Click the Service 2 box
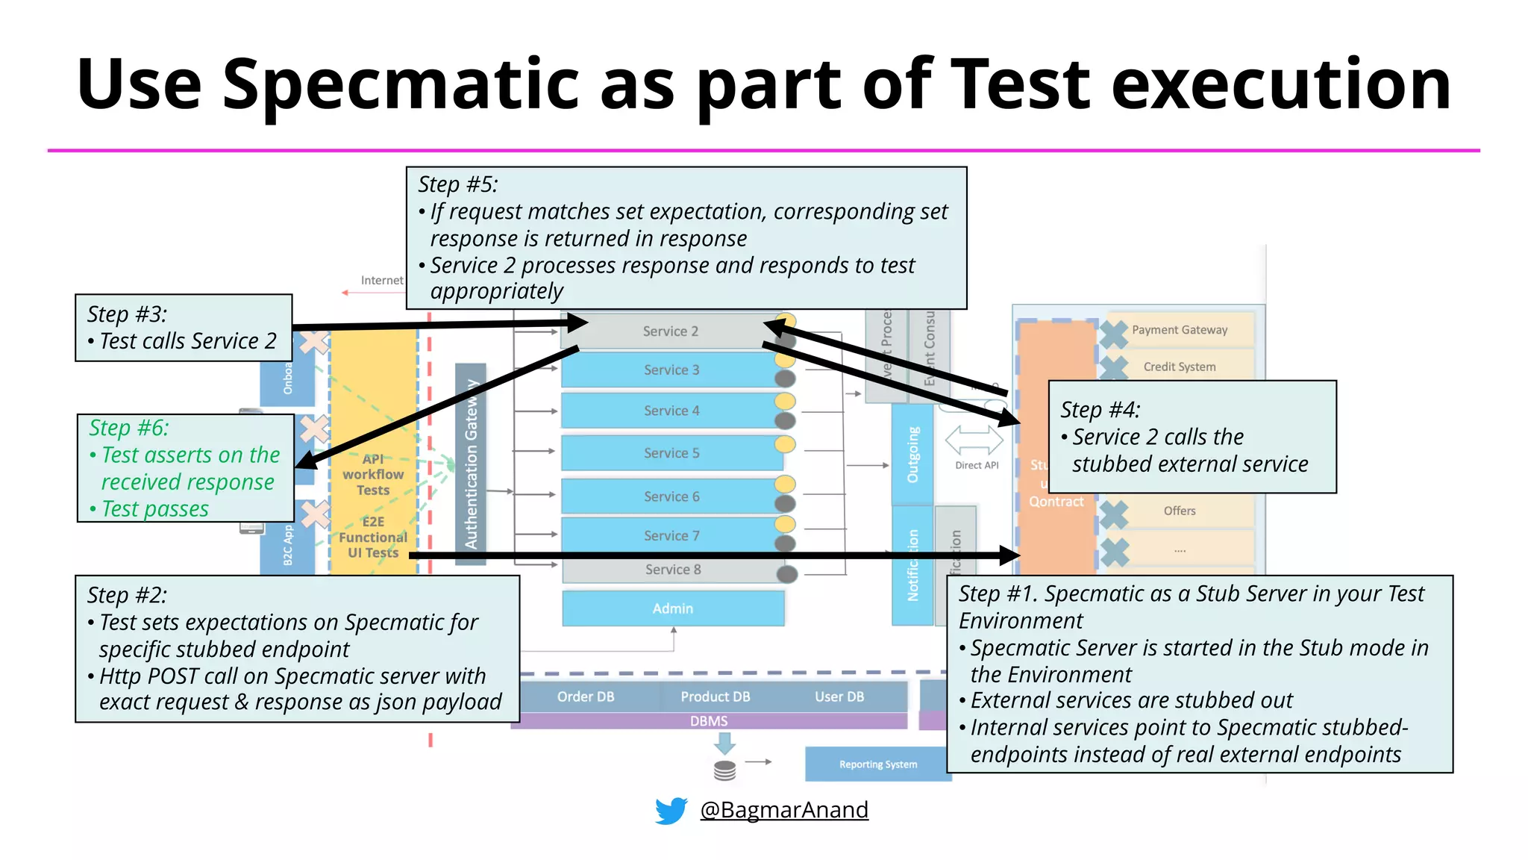click(x=670, y=331)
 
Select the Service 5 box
click(x=671, y=453)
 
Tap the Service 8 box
click(x=672, y=570)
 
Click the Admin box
click(x=672, y=608)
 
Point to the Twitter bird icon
click(x=671, y=810)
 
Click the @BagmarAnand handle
click(x=783, y=810)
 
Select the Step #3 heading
click(x=127, y=314)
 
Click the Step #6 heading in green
click(x=129, y=428)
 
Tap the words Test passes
click(x=155, y=509)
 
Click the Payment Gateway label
click(x=1179, y=330)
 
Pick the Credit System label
click(x=1179, y=367)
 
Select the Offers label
click(x=1179, y=511)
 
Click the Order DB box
click(x=586, y=697)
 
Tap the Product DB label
click(x=715, y=697)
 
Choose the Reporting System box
click(x=877, y=764)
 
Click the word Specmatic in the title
click(x=401, y=84)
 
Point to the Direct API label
click(x=976, y=465)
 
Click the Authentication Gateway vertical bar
click(x=471, y=463)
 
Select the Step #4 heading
click(x=1100, y=410)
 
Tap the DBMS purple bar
click(x=708, y=721)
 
